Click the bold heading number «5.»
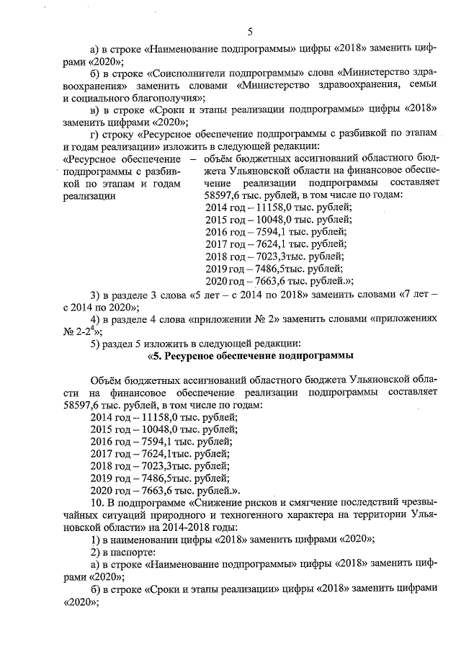pos(158,356)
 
